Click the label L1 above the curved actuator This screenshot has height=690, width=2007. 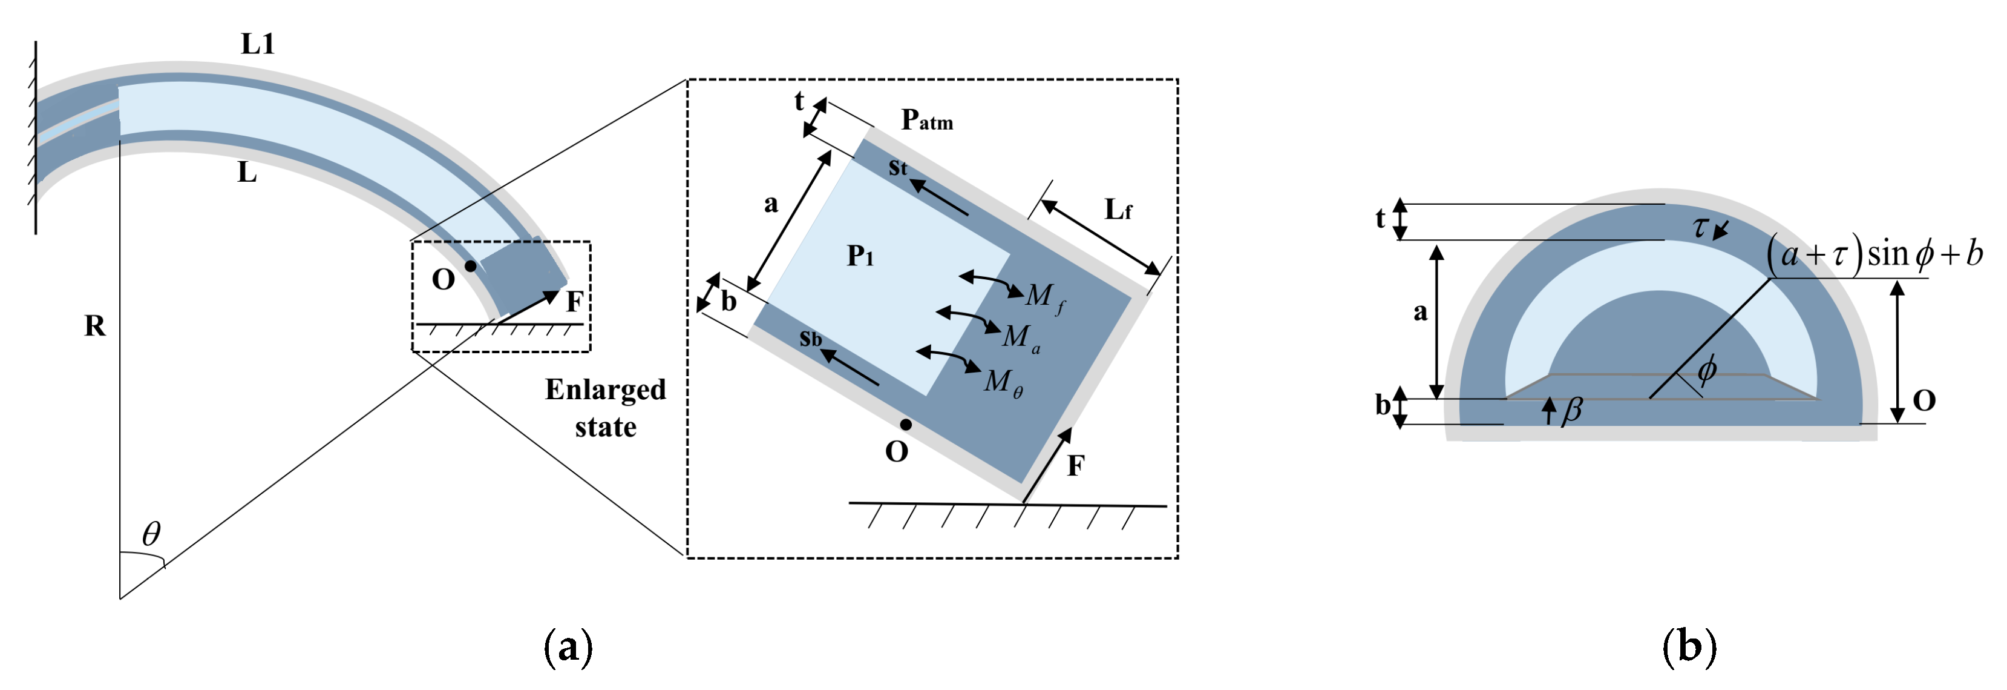point(258,44)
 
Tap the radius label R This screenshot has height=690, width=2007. point(94,325)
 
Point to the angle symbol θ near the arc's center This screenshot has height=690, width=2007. point(151,534)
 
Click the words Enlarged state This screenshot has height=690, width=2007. point(606,408)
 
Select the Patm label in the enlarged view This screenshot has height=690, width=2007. point(926,119)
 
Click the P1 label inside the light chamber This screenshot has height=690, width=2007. point(860,255)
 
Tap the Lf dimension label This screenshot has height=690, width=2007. point(1118,209)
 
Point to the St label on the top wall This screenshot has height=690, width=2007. point(897,168)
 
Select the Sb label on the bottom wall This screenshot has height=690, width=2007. point(810,339)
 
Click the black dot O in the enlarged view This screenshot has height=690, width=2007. point(905,425)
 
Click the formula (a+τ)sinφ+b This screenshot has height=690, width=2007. point(1874,254)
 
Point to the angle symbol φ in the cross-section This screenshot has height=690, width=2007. point(1706,369)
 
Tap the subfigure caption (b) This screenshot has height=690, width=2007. point(1689,646)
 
